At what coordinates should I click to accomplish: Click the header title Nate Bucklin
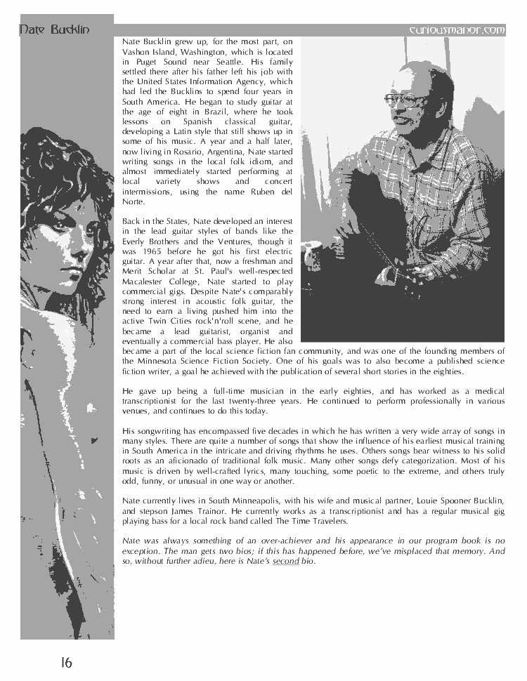pyautogui.click(x=54, y=29)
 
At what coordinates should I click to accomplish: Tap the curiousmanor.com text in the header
pyautogui.click(x=457, y=29)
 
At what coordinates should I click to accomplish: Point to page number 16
pyautogui.click(x=65, y=661)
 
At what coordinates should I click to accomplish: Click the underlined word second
pyautogui.click(x=286, y=561)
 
